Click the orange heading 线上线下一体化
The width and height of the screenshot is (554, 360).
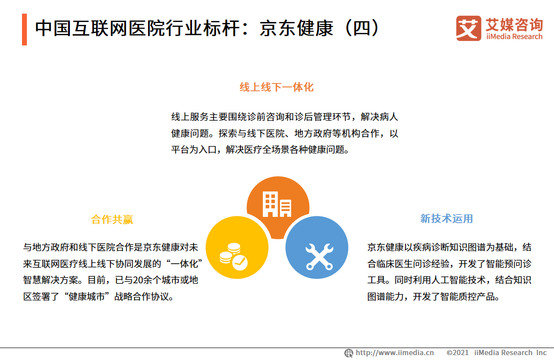tap(277, 87)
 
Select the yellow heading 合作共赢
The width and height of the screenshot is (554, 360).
tap(112, 219)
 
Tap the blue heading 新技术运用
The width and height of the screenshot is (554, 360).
tap(447, 218)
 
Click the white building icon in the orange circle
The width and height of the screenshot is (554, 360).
tap(277, 204)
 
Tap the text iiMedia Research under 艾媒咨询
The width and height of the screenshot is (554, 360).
tap(514, 37)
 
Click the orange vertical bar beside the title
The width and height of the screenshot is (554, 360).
tap(24, 29)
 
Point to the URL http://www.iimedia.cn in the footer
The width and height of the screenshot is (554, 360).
tap(395, 353)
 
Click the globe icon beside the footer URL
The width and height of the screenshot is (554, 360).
tap(349, 353)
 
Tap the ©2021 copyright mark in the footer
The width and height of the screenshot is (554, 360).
tap(458, 353)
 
